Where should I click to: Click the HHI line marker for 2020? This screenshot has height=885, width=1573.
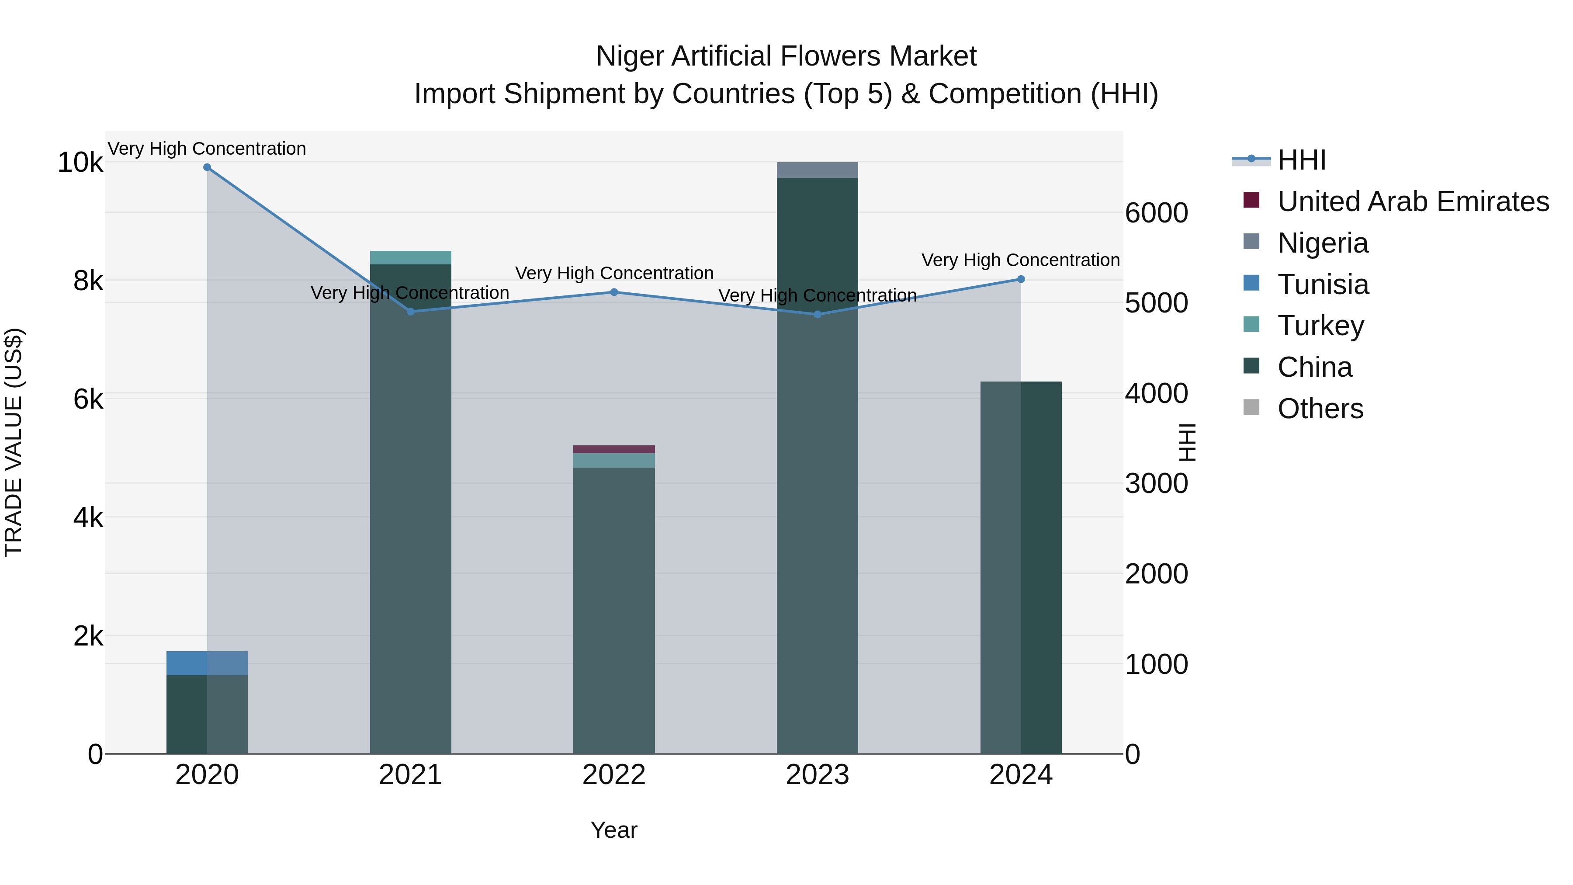207,167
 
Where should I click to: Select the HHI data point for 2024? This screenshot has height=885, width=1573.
1021,279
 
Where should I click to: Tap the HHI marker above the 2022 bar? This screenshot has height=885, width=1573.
614,292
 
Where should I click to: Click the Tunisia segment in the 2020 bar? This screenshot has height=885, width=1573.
207,663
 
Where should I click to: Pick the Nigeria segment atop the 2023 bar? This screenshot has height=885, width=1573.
817,170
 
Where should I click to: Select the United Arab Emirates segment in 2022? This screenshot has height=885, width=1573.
614,449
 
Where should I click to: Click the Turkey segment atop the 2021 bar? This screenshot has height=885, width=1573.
410,257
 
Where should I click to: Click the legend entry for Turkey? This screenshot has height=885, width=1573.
1320,326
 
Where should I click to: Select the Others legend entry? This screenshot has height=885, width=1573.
1320,409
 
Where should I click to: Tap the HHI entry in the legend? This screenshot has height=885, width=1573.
1301,160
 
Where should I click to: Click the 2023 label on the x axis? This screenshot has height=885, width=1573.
817,775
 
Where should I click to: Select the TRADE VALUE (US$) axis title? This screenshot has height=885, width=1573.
14,442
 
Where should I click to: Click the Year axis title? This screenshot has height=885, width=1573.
614,830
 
